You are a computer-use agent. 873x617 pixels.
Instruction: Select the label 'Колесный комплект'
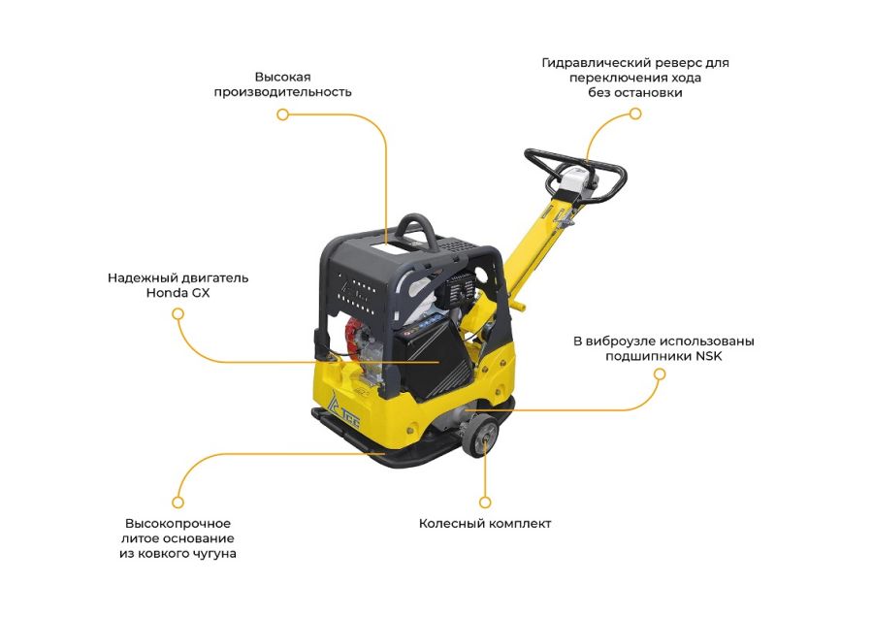click(485, 524)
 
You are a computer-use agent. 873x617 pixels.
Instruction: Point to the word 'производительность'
click(283, 92)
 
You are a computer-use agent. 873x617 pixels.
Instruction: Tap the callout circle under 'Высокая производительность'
click(283, 114)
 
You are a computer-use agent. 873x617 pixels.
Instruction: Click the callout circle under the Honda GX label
click(178, 314)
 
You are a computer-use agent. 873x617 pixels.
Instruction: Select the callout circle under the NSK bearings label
click(660, 374)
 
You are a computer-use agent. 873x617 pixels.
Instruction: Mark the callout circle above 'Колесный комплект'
click(485, 503)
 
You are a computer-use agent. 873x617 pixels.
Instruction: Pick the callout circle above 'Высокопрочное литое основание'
click(178, 503)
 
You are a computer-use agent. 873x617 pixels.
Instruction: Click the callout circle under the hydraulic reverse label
click(635, 114)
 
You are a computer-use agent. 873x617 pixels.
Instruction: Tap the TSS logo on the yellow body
click(345, 411)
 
